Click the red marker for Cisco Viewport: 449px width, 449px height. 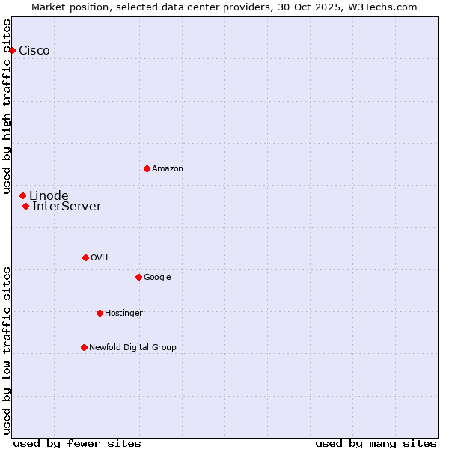[13, 50]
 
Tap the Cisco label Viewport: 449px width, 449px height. [34, 51]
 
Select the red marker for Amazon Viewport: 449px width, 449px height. [147, 168]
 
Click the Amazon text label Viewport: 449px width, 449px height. [168, 169]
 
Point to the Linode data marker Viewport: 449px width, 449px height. [22, 195]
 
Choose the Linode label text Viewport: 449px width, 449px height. [49, 196]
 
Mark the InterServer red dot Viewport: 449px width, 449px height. [25, 206]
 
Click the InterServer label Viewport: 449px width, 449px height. [67, 207]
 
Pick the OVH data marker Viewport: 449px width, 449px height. [85, 257]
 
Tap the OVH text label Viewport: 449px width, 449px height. [100, 258]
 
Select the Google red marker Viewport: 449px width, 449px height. [138, 277]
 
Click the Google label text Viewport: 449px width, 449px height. [157, 278]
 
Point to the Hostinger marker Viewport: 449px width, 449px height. [100, 313]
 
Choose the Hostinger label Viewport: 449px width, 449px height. [123, 314]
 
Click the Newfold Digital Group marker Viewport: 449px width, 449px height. [84, 347]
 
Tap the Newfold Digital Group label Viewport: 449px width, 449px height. [132, 348]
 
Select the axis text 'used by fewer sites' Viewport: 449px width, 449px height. [77, 443]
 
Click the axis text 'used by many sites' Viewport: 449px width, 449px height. [376, 443]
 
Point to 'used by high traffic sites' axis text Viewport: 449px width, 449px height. [7, 100]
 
